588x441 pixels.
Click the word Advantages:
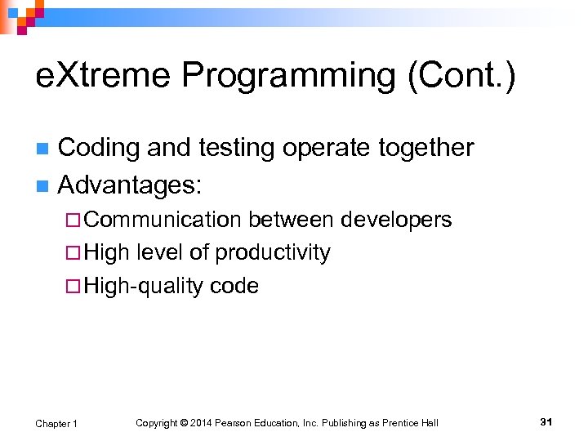tap(129, 185)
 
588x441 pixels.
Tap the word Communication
tap(162, 220)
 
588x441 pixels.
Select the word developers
tap(396, 220)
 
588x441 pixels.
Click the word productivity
tap(273, 252)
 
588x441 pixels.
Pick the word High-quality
tap(143, 285)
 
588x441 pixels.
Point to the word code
tap(234, 286)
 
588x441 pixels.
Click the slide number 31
tap(546, 421)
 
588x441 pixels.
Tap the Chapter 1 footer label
tap(56, 423)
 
